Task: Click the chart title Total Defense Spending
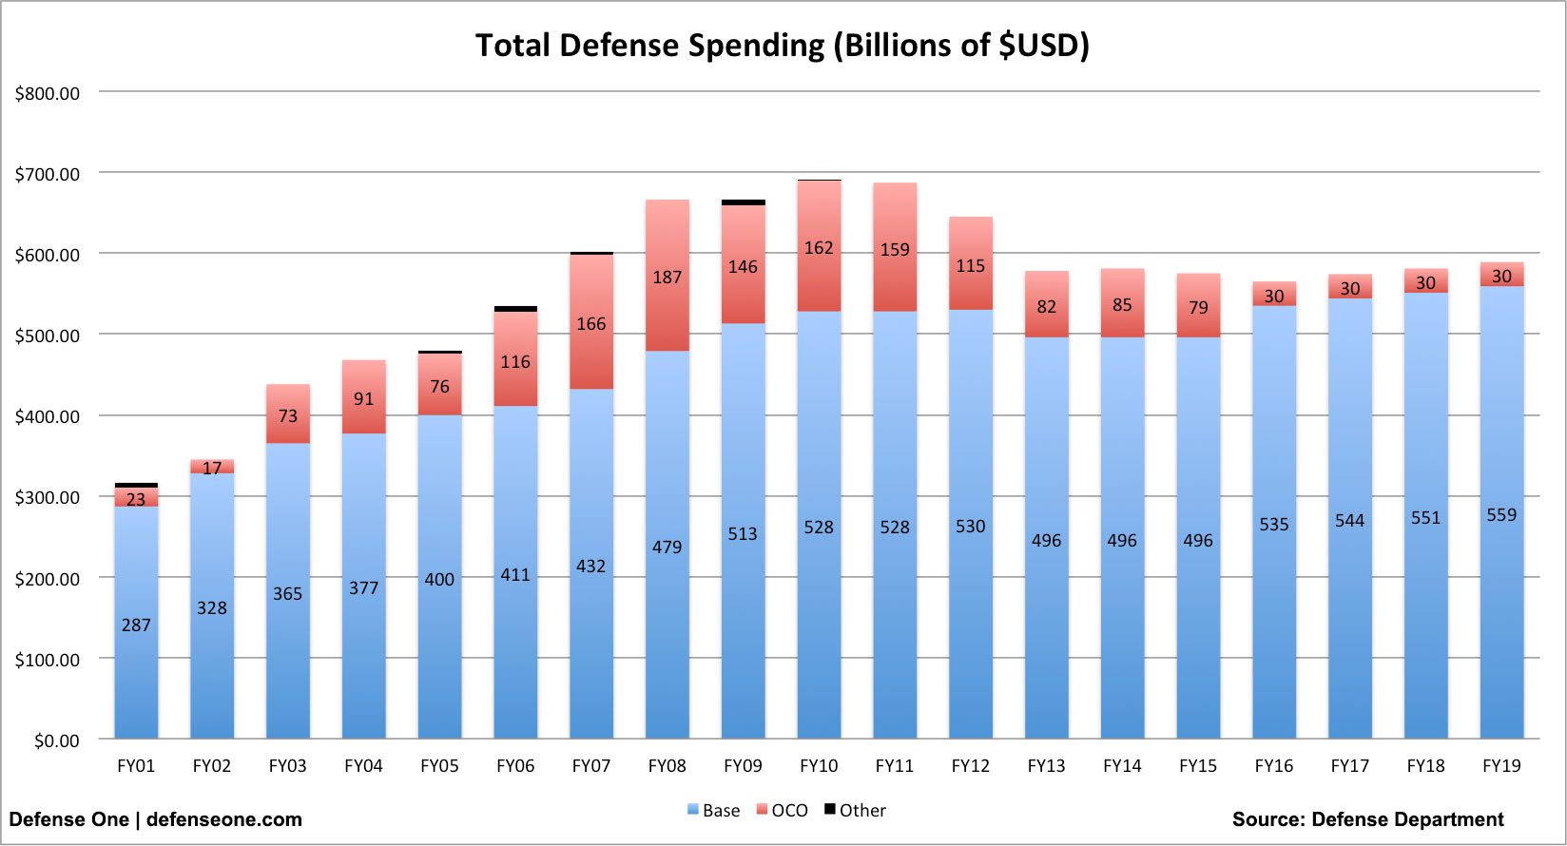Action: tap(782, 46)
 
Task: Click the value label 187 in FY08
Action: tap(667, 278)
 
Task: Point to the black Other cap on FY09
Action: tap(743, 202)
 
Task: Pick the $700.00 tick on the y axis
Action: tap(48, 174)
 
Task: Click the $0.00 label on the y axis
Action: tap(56, 740)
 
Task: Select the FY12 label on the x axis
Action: tap(970, 766)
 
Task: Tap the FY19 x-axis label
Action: tap(1501, 766)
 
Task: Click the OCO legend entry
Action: tap(783, 811)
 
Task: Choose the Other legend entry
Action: tap(855, 811)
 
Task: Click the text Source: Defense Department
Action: tap(1367, 819)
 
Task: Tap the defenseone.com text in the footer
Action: tap(224, 819)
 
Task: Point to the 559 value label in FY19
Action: tap(1501, 515)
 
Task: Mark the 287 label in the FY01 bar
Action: tap(136, 625)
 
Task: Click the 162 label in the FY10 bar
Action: tap(819, 248)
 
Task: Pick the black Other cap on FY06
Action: tap(515, 309)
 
